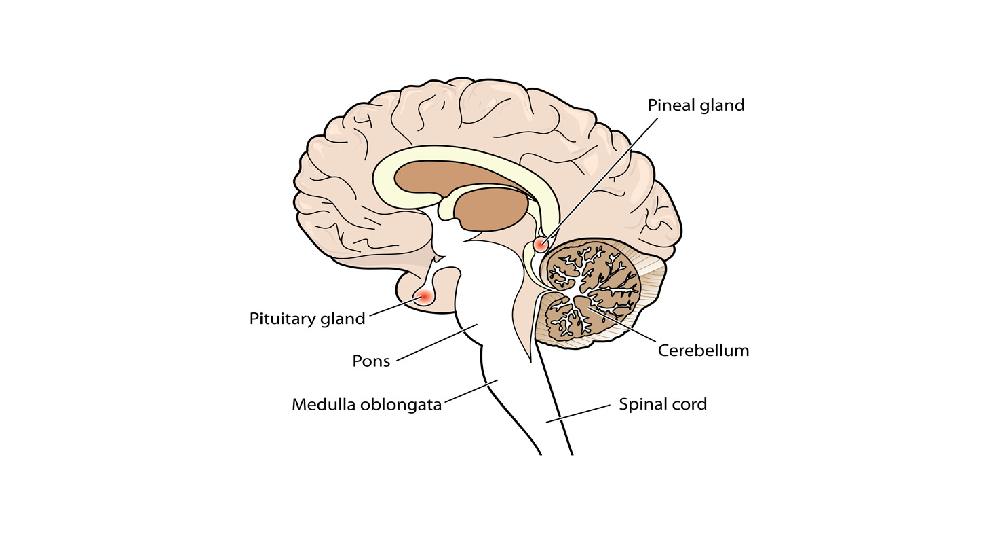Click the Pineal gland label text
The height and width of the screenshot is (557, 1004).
tap(695, 105)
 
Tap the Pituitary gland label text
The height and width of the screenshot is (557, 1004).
tap(307, 319)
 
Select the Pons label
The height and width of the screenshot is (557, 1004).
tap(371, 361)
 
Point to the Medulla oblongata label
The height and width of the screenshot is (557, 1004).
tap(366, 405)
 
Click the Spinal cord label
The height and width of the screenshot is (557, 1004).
tap(662, 404)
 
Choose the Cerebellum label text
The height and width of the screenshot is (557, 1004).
tap(703, 351)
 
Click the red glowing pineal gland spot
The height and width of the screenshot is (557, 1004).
tap(540, 244)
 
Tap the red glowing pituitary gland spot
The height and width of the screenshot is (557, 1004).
tap(425, 296)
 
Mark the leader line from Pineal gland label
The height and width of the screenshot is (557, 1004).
tap(604, 176)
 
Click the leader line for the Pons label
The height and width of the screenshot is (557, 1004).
tap(438, 342)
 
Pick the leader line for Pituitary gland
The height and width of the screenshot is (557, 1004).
tap(393, 308)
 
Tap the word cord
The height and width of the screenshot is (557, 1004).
tap(689, 404)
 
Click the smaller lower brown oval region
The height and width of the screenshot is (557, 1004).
tap(493, 209)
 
